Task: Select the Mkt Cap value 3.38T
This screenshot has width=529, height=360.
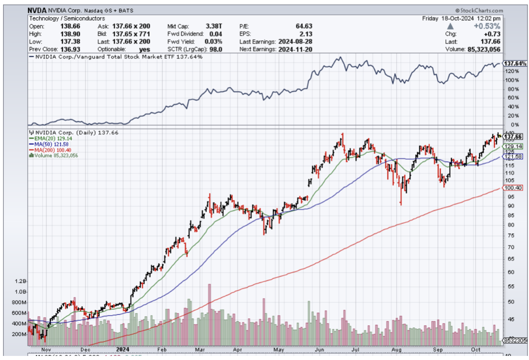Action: (x=215, y=26)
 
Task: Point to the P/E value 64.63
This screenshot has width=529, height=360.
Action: (x=303, y=26)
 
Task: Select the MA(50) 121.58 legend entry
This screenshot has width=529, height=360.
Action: (x=50, y=144)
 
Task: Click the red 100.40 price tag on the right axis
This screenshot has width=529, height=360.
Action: (x=514, y=188)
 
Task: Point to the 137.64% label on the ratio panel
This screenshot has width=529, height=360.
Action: (x=516, y=64)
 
